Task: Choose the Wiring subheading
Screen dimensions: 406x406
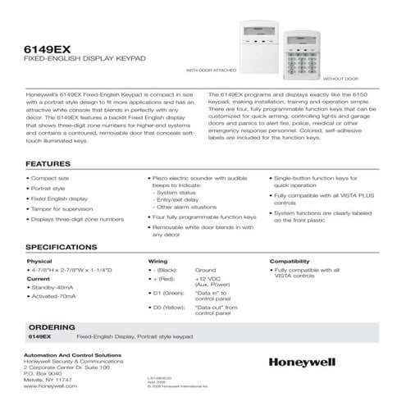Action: click(157, 262)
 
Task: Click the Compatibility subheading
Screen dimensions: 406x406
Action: click(290, 262)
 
